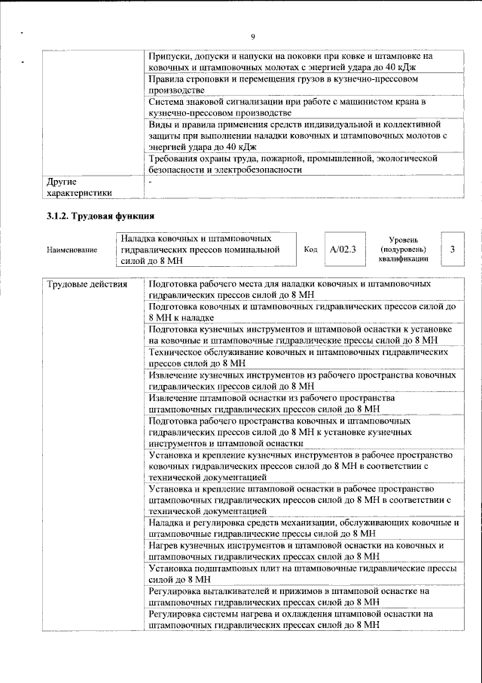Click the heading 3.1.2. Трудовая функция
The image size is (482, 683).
101,217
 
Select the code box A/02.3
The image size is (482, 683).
343,249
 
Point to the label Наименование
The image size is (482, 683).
72,250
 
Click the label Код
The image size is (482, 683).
310,250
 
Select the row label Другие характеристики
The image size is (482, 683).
78,187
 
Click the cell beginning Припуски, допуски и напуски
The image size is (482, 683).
298,62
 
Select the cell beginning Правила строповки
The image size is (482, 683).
298,84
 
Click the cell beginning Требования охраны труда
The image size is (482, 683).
298,164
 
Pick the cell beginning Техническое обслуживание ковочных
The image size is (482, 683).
298,357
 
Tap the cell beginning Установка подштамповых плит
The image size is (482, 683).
298,574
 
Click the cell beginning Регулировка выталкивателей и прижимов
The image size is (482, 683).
298,596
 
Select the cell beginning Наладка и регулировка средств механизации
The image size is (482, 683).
298,528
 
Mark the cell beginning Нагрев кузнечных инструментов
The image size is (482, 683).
298,550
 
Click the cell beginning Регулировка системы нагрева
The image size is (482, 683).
298,620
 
